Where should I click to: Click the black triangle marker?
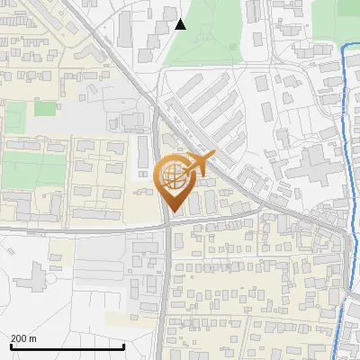(x=180, y=24)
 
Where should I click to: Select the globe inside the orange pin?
(x=175, y=176)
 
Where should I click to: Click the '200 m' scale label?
(x=23, y=338)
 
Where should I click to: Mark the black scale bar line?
(x=67, y=346)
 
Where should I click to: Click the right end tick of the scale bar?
(x=124, y=346)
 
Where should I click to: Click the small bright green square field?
(x=45, y=109)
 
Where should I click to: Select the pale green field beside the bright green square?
(x=15, y=112)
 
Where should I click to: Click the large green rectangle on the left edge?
(x=33, y=169)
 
